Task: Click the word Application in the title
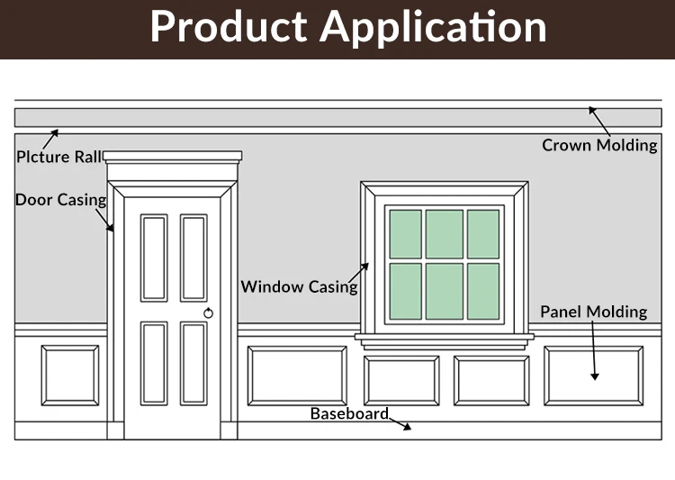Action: point(434,28)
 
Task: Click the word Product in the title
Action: point(229,27)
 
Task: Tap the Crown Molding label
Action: point(599,145)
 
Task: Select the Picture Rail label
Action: point(58,157)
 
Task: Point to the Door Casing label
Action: point(60,200)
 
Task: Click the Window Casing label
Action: point(299,287)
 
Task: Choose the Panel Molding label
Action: point(593,312)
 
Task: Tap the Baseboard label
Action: point(349,414)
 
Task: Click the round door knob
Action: point(209,312)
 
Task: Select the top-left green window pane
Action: point(405,233)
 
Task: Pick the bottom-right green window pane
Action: point(483,291)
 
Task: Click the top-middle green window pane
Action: point(445,233)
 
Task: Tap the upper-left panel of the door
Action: point(154,258)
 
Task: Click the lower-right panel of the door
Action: point(193,363)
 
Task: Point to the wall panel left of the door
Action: point(70,376)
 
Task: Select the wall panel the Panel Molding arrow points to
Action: point(593,376)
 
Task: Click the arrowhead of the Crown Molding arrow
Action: point(592,110)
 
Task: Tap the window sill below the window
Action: point(445,337)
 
